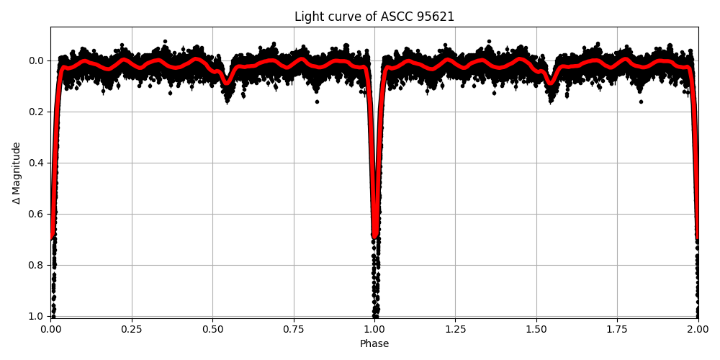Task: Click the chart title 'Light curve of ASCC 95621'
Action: tap(374, 17)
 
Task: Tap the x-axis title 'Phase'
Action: tap(374, 344)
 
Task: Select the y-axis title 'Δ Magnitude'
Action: tap(17, 173)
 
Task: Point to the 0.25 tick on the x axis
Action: tap(131, 328)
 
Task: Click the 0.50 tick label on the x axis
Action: tap(212, 328)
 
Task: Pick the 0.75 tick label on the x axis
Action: tap(293, 328)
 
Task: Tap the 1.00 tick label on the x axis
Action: tap(374, 328)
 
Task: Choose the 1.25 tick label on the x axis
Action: tap(455, 328)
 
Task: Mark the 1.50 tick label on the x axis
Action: tap(536, 328)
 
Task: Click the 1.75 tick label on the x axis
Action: tap(617, 328)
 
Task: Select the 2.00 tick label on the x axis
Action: tap(698, 328)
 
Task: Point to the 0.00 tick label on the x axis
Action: tap(50, 328)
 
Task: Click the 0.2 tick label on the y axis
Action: tap(37, 112)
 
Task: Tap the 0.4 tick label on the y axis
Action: tap(37, 163)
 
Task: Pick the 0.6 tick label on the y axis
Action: tap(37, 214)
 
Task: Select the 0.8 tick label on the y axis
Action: tap(37, 265)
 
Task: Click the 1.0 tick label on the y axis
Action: tap(37, 316)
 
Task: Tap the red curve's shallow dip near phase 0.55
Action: tap(227, 81)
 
